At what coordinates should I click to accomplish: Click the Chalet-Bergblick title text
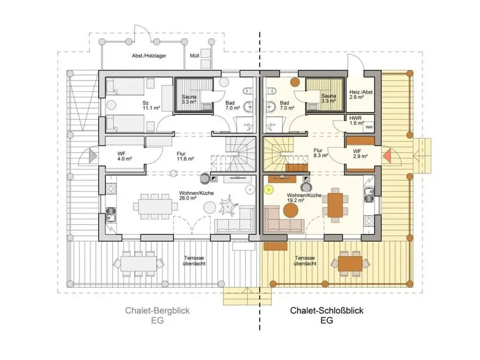click(x=157, y=311)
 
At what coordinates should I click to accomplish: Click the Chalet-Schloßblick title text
click(x=326, y=311)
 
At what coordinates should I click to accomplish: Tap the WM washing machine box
click(x=369, y=127)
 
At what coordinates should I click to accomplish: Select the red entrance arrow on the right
click(x=386, y=156)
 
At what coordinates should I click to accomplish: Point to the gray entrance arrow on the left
click(x=93, y=156)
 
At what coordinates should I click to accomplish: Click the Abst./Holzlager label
click(x=149, y=56)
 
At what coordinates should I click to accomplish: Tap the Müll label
click(x=194, y=56)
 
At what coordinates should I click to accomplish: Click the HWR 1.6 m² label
click(x=356, y=120)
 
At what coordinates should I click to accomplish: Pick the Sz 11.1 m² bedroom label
click(x=151, y=105)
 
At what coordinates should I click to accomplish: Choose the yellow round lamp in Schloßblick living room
click(x=269, y=190)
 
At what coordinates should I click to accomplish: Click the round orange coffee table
click(x=290, y=210)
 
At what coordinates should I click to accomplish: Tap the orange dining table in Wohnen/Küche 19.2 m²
click(x=335, y=205)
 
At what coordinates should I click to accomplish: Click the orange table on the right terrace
click(x=350, y=264)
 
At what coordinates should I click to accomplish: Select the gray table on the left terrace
click(x=139, y=264)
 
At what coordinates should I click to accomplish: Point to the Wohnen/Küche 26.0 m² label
click(x=196, y=196)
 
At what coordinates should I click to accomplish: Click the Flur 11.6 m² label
click(x=185, y=156)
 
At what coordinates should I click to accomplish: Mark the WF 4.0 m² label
click(x=125, y=156)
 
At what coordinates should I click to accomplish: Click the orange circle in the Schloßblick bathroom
click(x=295, y=82)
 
